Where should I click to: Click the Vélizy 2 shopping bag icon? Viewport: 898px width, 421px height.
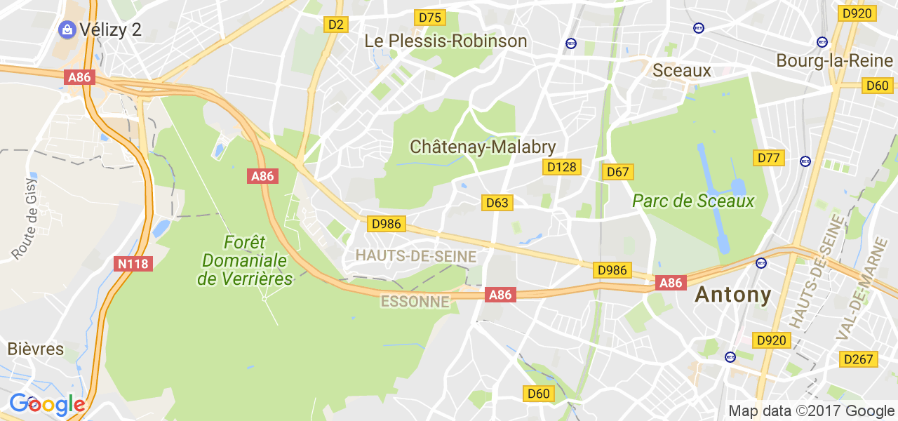coord(67,29)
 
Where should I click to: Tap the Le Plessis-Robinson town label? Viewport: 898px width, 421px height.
coord(445,41)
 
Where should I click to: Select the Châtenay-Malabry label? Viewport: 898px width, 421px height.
coord(483,147)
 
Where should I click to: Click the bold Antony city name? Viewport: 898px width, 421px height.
coord(733,295)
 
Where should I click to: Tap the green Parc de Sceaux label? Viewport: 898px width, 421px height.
coord(693,201)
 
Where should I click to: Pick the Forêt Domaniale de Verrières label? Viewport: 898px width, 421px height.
coord(245,260)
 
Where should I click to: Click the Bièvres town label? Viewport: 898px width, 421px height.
coord(36,349)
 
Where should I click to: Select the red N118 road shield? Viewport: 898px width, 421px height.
coord(133,264)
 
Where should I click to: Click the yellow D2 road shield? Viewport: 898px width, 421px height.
coord(336,25)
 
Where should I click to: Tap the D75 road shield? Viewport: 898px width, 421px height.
coord(430,18)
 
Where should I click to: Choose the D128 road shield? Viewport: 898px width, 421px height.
coord(561,167)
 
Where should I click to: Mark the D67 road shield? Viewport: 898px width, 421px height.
coord(618,172)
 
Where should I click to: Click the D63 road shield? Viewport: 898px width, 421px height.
coord(497,203)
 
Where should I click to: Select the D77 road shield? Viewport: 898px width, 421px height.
coord(769,158)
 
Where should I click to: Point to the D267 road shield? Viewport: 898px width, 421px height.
coord(859,359)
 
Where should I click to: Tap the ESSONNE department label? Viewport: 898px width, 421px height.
coord(415,302)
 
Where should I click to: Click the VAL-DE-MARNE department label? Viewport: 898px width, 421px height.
coord(861,288)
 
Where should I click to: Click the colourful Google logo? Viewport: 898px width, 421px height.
coord(47,405)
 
